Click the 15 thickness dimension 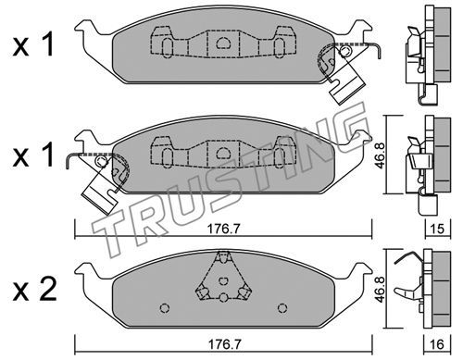click(438, 229)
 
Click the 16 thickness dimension click(438, 344)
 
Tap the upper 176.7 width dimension click(223, 229)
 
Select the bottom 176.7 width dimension click(223, 344)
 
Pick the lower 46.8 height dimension click(381, 289)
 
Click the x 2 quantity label click(34, 289)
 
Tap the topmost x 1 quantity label click(33, 45)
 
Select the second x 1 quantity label click(33, 155)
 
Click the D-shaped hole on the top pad click(223, 43)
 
